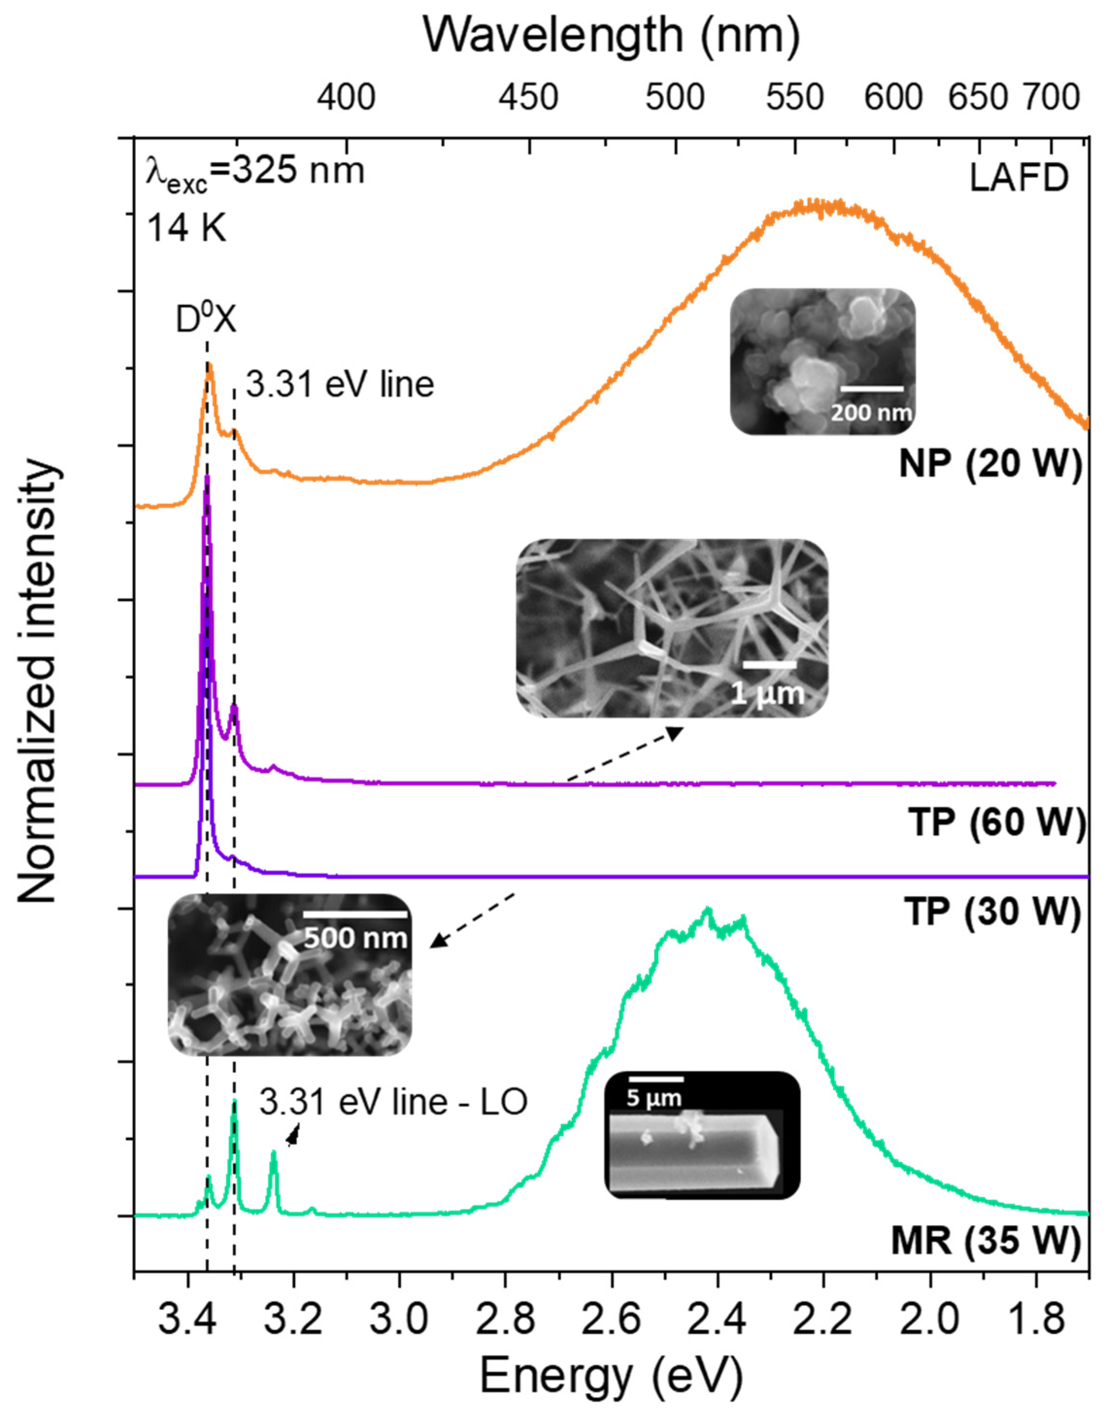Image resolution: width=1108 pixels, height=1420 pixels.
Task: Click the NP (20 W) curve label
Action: (x=990, y=464)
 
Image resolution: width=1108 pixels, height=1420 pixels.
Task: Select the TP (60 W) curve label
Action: (x=996, y=823)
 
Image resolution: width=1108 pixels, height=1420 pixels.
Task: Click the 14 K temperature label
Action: (x=187, y=229)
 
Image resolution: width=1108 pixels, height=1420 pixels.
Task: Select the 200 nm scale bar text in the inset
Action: (x=871, y=412)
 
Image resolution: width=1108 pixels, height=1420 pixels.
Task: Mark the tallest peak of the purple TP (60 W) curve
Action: (x=207, y=478)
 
